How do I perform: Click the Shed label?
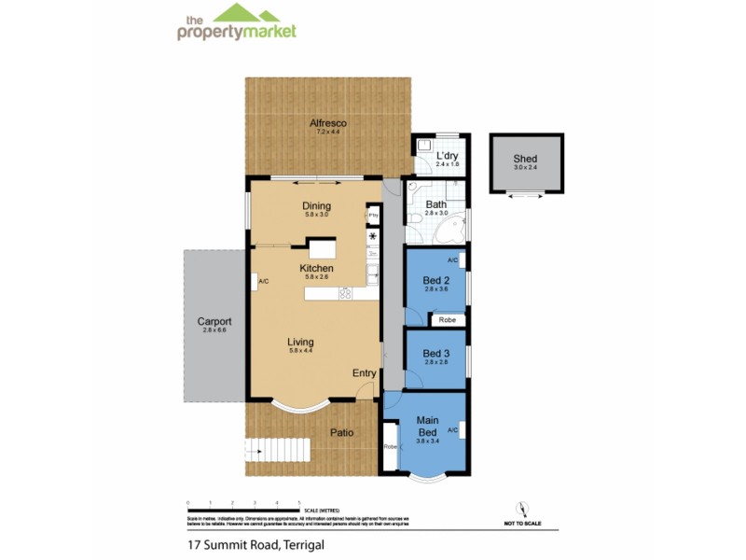click(x=525, y=159)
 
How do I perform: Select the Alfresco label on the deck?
click(x=328, y=122)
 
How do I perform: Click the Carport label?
click(x=214, y=322)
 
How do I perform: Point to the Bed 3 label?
click(x=435, y=354)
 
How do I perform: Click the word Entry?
click(x=364, y=373)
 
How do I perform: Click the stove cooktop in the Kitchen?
click(x=345, y=294)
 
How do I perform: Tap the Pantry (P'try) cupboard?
click(x=372, y=215)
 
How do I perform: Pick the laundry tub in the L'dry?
click(x=423, y=147)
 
